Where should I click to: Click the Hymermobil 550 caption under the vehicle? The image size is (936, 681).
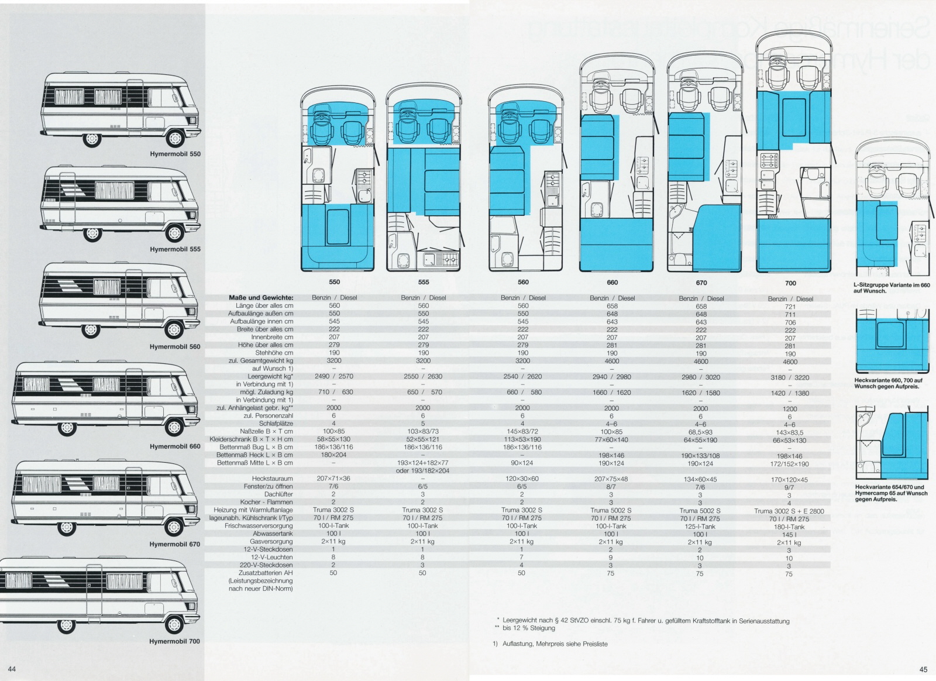pyautogui.click(x=174, y=154)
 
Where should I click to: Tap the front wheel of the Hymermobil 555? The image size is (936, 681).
pyautogui.click(x=175, y=233)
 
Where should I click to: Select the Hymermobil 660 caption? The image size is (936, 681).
pyautogui.click(x=174, y=446)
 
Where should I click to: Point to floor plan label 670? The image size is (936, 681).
pyautogui.click(x=701, y=283)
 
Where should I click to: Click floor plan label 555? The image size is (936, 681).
pyautogui.click(x=423, y=282)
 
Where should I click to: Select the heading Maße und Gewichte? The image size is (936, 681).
pyautogui.click(x=261, y=298)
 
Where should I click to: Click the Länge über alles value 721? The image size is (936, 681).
pyautogui.click(x=790, y=307)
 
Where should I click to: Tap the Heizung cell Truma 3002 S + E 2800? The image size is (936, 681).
pyautogui.click(x=789, y=511)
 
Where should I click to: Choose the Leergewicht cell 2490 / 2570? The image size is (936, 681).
pyautogui.click(x=334, y=376)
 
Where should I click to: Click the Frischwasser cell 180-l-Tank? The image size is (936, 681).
pyautogui.click(x=789, y=527)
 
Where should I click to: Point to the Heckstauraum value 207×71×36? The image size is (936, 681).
pyautogui.click(x=334, y=479)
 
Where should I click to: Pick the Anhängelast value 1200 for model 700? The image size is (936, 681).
pyautogui.click(x=790, y=409)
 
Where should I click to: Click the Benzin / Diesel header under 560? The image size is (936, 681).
pyautogui.click(x=523, y=298)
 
